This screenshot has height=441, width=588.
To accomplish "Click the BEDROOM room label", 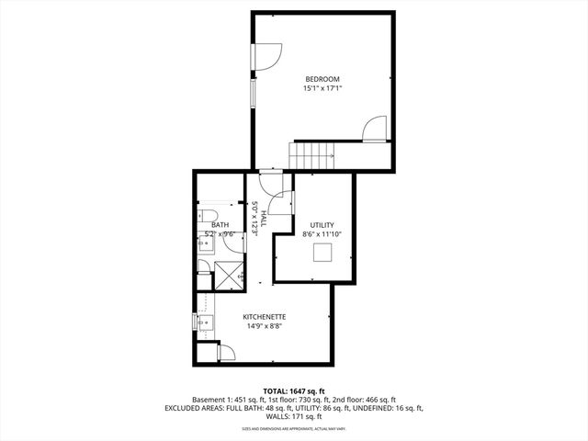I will click(322, 80).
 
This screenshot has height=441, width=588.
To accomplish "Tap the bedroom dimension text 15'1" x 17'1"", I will click(322, 90).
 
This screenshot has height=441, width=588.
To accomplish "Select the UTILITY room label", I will click(322, 225).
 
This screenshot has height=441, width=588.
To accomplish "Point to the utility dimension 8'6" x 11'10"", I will click(322, 235).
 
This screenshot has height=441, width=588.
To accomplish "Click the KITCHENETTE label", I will click(263, 317).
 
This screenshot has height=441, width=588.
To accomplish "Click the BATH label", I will click(220, 225).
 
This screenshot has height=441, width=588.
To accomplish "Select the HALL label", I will click(264, 219).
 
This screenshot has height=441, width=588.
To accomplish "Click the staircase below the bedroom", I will click(313, 155).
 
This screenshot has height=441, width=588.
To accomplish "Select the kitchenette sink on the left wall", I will click(203, 322).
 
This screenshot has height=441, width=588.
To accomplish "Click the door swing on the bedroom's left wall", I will click(266, 56).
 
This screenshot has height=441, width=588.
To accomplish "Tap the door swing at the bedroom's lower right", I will click(375, 130).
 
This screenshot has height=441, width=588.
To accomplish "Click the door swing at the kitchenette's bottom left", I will click(226, 352).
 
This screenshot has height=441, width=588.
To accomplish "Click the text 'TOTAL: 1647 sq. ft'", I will click(293, 391).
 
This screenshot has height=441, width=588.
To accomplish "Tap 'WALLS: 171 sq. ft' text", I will click(293, 416).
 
